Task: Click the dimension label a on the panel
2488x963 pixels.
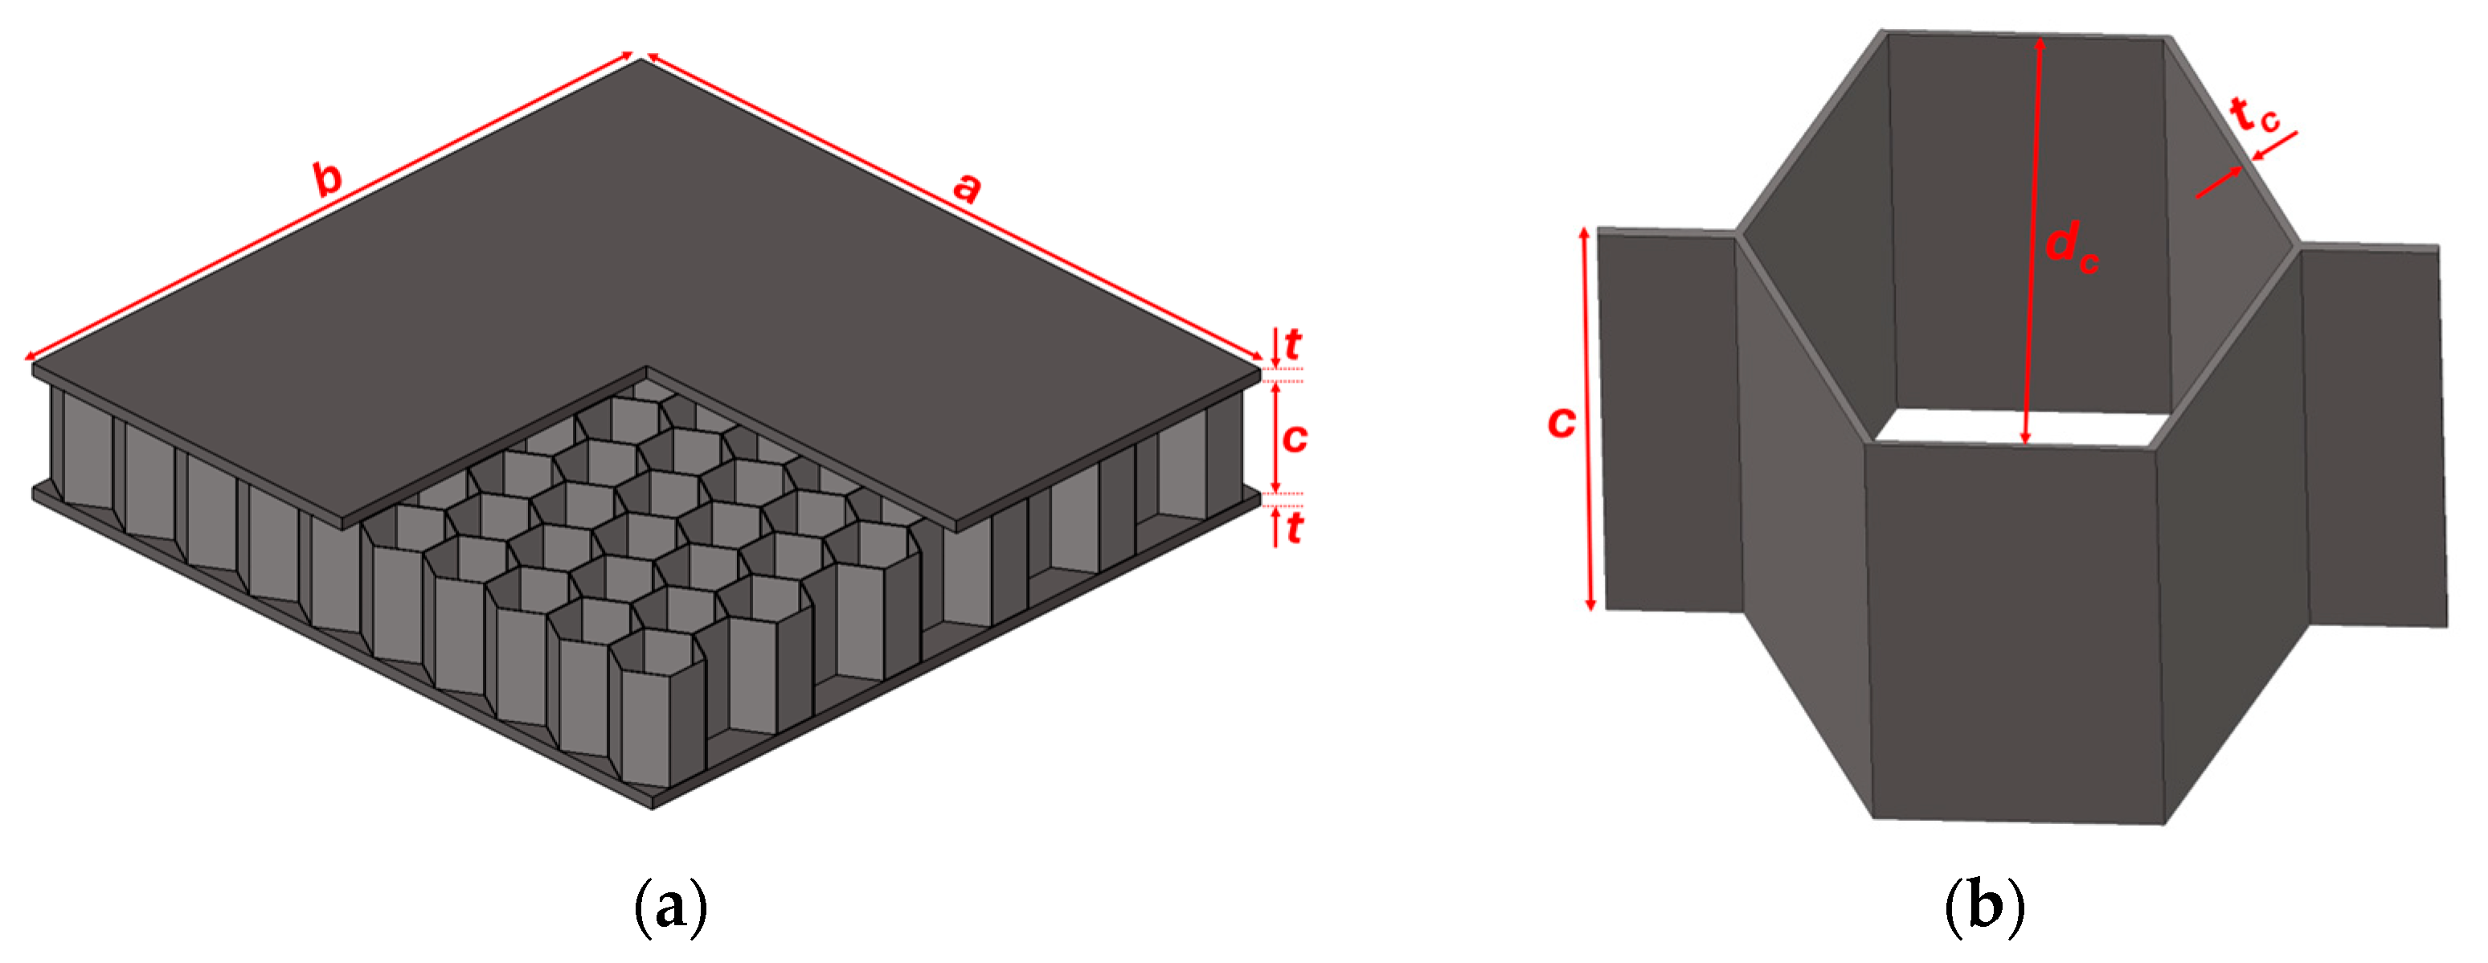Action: pyautogui.click(x=967, y=186)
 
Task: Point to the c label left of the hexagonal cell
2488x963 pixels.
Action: pyautogui.click(x=1561, y=422)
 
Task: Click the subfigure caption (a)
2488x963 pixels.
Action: pyautogui.click(x=670, y=905)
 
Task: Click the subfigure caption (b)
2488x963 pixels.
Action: pyautogui.click(x=1984, y=905)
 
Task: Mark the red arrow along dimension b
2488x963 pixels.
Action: pyautogui.click(x=329, y=207)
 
